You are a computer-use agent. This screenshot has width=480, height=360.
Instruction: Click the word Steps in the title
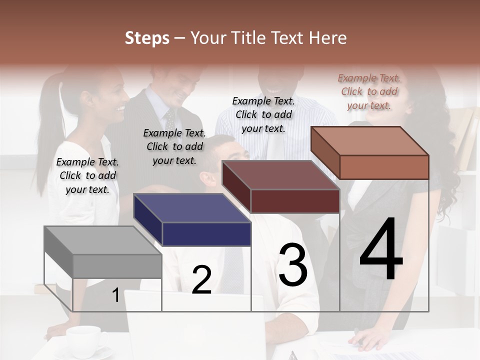147,38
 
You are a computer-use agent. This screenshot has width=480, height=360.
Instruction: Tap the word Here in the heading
327,38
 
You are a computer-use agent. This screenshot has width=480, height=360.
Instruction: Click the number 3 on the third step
293,265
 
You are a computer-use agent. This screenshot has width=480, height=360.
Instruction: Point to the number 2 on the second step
201,280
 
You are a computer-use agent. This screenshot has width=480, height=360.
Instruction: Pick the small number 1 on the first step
115,295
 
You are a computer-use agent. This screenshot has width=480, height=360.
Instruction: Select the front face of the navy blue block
206,234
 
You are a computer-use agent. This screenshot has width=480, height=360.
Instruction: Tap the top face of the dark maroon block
280,175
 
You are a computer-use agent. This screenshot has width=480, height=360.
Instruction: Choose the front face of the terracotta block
384,167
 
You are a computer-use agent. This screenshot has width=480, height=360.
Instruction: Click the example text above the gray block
87,175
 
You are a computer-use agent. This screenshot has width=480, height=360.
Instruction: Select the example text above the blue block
174,146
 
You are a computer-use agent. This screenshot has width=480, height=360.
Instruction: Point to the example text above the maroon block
263,114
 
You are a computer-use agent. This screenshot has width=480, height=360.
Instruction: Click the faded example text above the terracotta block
369,91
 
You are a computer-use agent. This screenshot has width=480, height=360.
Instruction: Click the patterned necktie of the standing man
170,120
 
